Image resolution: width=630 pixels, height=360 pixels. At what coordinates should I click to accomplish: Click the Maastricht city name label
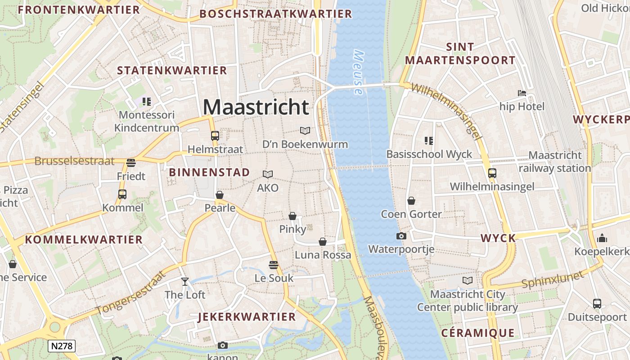point(256,107)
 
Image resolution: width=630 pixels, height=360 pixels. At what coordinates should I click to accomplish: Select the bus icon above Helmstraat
point(215,135)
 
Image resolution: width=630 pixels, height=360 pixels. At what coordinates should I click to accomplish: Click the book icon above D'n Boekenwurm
point(305,130)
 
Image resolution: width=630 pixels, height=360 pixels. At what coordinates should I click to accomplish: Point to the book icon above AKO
point(268,174)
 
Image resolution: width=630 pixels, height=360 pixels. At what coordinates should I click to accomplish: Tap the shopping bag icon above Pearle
point(220,194)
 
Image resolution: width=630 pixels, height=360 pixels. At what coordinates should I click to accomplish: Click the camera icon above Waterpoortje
point(401,236)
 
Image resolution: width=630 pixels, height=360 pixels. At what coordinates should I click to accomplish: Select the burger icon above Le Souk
point(273,264)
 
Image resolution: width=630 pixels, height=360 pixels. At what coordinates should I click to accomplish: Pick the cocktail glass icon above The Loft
point(184,282)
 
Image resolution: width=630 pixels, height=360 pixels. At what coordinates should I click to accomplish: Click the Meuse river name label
point(359,72)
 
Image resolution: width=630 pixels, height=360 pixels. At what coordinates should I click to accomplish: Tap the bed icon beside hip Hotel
point(522,93)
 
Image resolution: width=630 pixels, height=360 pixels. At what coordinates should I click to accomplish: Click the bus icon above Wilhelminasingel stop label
point(492,173)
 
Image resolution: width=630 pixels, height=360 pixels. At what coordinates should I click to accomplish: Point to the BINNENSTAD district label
point(209,172)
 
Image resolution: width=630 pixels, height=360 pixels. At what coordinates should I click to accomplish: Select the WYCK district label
point(498,238)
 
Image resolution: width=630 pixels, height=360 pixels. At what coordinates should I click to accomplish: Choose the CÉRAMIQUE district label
point(477,333)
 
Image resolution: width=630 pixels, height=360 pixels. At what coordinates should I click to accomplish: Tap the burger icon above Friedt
point(131,162)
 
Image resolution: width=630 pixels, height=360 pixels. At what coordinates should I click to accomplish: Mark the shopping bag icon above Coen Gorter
point(411,200)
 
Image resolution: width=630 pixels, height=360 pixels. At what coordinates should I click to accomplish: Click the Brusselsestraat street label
point(75,161)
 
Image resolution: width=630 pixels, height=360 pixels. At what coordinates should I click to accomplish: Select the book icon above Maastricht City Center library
point(468,281)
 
